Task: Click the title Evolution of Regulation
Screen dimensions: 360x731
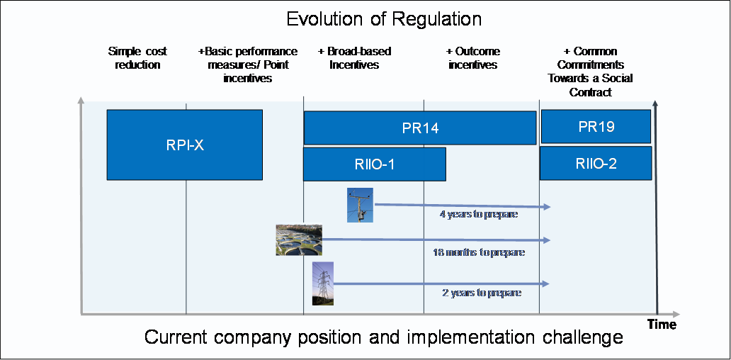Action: point(385,19)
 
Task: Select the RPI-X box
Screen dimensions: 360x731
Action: point(184,145)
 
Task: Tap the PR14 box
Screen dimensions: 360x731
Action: point(420,128)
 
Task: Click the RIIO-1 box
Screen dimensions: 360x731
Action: point(374,164)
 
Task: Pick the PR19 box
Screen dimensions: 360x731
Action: point(596,127)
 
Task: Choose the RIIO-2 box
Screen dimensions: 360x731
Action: point(596,164)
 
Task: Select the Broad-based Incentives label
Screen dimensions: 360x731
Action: point(354,58)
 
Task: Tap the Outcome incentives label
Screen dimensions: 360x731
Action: point(472,58)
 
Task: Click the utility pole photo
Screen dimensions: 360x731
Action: point(360,206)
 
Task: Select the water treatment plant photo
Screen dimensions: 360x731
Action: point(299,239)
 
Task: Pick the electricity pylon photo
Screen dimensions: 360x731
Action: point(322,283)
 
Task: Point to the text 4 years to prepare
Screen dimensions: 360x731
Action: point(479,214)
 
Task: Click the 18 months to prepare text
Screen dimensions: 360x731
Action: point(479,252)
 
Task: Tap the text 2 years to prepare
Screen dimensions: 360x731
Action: point(480,292)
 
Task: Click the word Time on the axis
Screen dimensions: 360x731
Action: point(662,325)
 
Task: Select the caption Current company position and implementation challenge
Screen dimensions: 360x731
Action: point(384,337)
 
